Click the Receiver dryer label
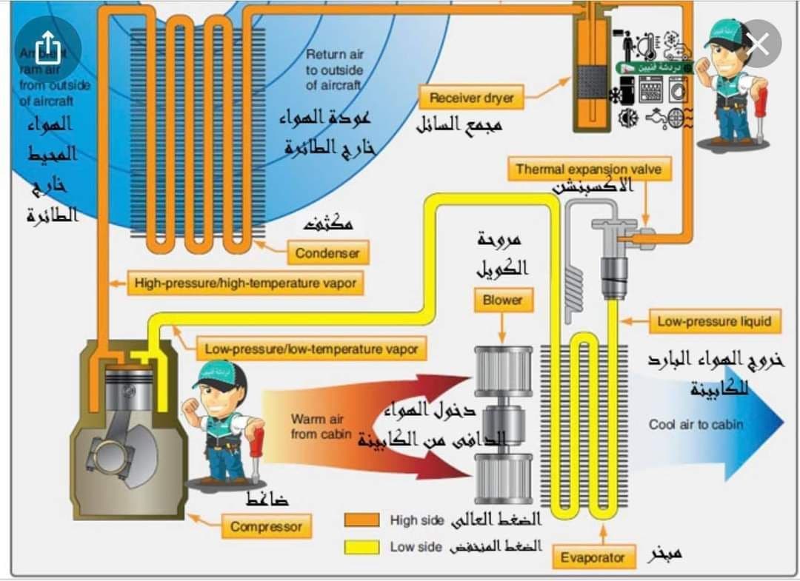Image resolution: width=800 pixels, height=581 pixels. tap(471, 98)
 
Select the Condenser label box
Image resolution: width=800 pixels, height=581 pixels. tap(327, 253)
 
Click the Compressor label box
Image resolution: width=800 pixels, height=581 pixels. tap(266, 527)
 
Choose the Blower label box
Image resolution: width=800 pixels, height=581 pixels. tap(502, 300)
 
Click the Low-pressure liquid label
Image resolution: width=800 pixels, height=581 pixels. tap(714, 321)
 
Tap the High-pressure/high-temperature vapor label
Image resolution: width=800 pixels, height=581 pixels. tap(245, 283)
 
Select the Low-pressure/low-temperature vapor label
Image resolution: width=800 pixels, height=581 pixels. tap(311, 348)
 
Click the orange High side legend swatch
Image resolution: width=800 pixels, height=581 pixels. tap(362, 520)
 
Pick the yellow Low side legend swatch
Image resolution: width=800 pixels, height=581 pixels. tap(362, 547)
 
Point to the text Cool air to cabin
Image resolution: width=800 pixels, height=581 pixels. tap(696, 424)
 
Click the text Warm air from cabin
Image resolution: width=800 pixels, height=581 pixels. tap(317, 426)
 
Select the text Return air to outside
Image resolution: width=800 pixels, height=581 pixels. tap(334, 70)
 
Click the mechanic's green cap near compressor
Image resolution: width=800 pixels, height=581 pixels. tap(220, 374)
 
